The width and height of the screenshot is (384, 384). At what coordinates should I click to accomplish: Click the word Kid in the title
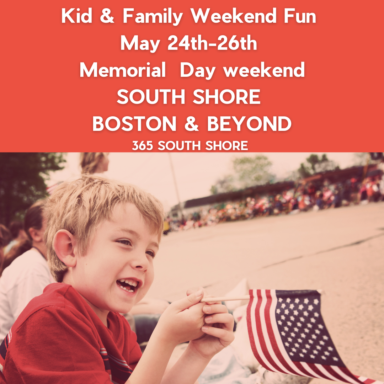point(77,16)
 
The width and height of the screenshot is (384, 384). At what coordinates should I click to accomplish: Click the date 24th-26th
point(212,43)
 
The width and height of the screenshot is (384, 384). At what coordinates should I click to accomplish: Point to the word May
point(140,44)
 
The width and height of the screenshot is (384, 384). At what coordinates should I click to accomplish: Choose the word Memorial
point(123,70)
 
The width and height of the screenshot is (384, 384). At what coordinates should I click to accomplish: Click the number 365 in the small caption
point(143,145)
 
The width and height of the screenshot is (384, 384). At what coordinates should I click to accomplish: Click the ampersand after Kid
point(107,16)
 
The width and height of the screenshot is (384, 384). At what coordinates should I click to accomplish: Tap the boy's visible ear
point(65,247)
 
